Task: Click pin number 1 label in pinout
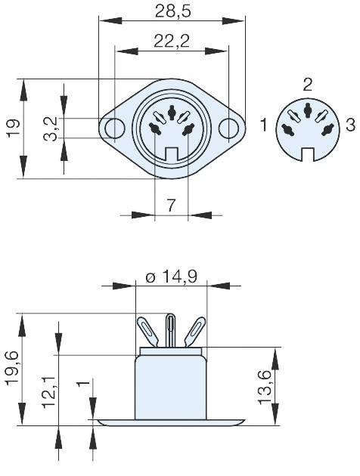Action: coord(264,125)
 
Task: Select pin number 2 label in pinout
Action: coord(308,84)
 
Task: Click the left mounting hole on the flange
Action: coord(114,128)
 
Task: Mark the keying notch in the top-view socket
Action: coord(171,156)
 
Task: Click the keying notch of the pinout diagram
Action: coord(307,154)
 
